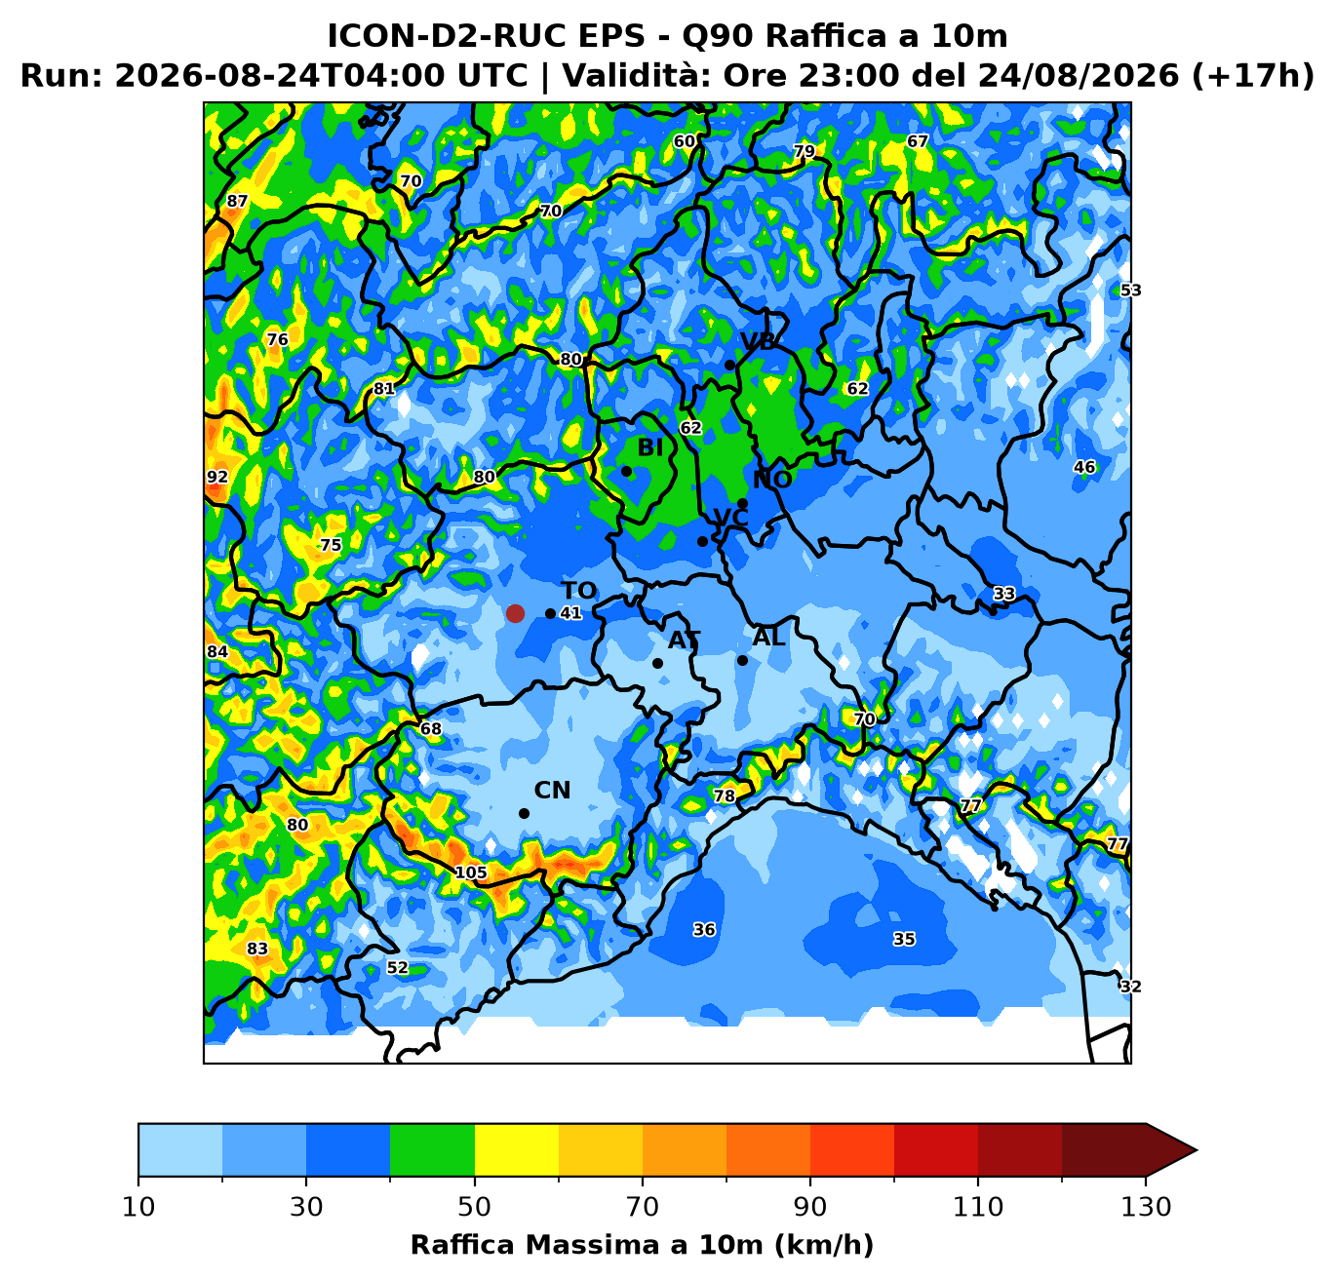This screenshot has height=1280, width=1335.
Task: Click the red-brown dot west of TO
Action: point(515,613)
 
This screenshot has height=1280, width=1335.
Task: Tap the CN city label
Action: point(552,791)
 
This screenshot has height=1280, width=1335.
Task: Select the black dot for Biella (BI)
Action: point(626,471)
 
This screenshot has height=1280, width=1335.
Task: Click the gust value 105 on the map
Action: point(471,873)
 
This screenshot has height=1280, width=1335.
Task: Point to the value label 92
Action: point(217,478)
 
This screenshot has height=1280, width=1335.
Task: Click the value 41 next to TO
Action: point(570,613)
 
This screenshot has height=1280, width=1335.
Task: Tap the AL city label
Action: point(768,638)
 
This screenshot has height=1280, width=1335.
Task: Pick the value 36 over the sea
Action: point(704,929)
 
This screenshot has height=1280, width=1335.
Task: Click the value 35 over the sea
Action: point(904,939)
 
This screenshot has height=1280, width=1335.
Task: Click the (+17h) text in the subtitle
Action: point(1252,76)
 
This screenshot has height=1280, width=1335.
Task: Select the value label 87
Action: point(237,202)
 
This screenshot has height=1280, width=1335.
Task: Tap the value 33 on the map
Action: point(1004,594)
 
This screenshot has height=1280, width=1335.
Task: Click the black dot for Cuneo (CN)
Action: point(524,814)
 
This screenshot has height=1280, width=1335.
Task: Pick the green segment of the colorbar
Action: point(432,1149)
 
